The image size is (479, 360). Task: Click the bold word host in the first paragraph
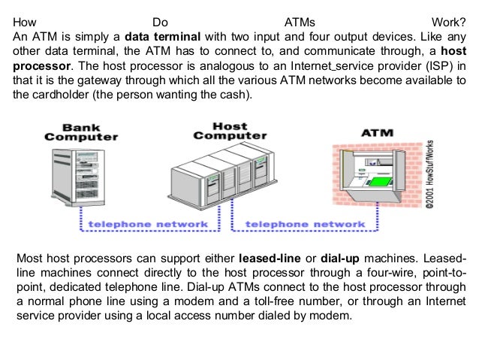[x=451, y=51]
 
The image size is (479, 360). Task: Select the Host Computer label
[x=230, y=131]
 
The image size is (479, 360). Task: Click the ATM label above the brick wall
[x=378, y=134]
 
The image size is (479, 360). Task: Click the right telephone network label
[x=306, y=223]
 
